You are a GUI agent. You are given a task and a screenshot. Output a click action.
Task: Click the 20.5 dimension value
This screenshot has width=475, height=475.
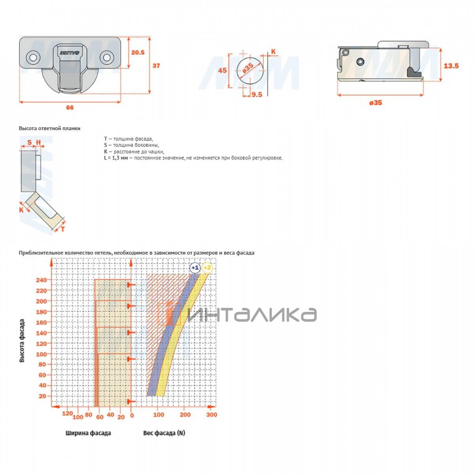tap(137, 53)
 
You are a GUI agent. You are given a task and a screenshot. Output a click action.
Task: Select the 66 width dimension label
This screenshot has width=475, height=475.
tap(70, 108)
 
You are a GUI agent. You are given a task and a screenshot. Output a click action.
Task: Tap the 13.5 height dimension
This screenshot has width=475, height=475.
tap(451, 66)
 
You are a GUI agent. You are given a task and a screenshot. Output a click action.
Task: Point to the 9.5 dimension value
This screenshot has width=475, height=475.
tap(256, 95)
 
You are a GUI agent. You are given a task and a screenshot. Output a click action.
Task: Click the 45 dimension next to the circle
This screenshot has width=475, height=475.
tap(222, 70)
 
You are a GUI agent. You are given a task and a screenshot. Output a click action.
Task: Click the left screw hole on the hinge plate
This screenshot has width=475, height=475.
tap(33, 57)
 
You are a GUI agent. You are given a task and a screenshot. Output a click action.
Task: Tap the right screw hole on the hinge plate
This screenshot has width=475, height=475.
tap(107, 57)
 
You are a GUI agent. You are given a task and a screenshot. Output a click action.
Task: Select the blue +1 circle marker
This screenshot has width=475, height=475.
tap(195, 268)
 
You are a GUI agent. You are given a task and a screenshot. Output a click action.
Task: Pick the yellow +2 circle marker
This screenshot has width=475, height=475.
tap(207, 268)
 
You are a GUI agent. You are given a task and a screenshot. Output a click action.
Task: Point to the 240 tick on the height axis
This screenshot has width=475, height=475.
tap(42, 280)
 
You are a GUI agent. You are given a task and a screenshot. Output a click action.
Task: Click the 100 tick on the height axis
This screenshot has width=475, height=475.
tap(42, 354)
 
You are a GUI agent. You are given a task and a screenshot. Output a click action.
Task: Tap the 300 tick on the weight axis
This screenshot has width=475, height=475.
tap(211, 414)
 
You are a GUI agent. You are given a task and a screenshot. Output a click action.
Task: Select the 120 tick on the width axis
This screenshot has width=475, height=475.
tap(67, 413)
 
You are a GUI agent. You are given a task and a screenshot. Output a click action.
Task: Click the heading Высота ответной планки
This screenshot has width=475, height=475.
tap(49, 128)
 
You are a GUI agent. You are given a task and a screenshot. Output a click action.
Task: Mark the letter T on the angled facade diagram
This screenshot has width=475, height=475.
tap(63, 229)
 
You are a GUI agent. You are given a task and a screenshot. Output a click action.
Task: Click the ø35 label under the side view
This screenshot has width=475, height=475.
tap(376, 103)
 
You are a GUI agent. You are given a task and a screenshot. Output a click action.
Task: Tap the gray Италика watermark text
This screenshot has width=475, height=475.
tap(252, 315)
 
